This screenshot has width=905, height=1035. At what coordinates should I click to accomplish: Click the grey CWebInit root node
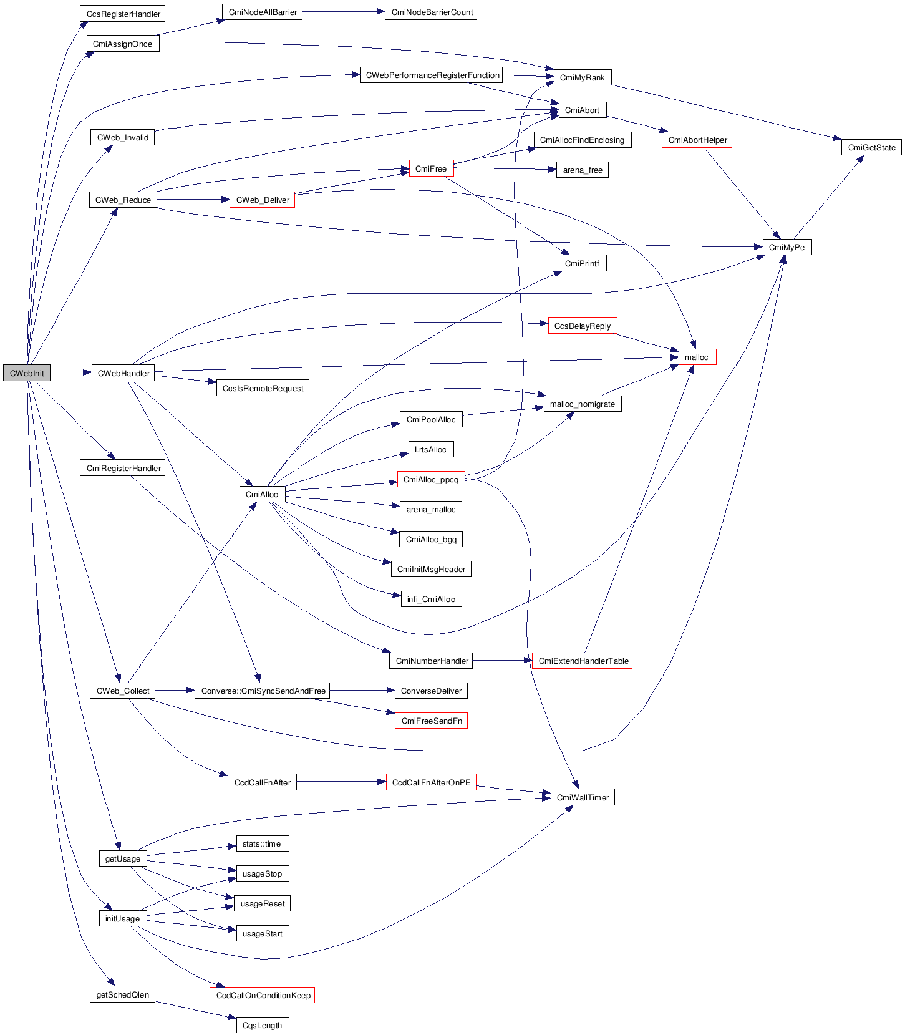tap(27, 373)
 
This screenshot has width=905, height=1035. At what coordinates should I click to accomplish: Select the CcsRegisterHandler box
tap(122, 14)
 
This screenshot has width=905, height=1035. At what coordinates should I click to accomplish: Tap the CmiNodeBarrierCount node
tap(432, 12)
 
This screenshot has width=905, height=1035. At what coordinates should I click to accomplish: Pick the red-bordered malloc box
tap(697, 357)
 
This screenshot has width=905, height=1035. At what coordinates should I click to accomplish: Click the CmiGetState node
tap(871, 147)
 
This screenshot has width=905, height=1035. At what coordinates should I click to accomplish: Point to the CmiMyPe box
tap(786, 247)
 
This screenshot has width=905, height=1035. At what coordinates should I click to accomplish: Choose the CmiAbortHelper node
tap(697, 140)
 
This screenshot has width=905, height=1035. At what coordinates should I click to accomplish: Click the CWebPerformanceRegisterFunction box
tap(432, 75)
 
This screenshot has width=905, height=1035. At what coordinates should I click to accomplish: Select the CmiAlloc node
tap(262, 494)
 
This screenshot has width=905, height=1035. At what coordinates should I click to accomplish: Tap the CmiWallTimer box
tap(583, 797)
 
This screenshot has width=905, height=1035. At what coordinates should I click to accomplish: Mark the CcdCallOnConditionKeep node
tap(262, 995)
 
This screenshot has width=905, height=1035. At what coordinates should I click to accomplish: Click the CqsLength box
tap(262, 1025)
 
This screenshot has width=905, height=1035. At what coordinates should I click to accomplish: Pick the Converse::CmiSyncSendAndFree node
tap(262, 691)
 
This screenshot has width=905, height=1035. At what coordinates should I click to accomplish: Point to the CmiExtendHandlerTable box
tap(583, 661)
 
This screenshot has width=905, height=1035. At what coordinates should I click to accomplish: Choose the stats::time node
tap(262, 843)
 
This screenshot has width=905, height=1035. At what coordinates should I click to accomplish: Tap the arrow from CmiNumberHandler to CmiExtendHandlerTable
tap(502, 661)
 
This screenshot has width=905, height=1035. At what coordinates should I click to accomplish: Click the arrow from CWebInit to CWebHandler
tap(70, 373)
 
